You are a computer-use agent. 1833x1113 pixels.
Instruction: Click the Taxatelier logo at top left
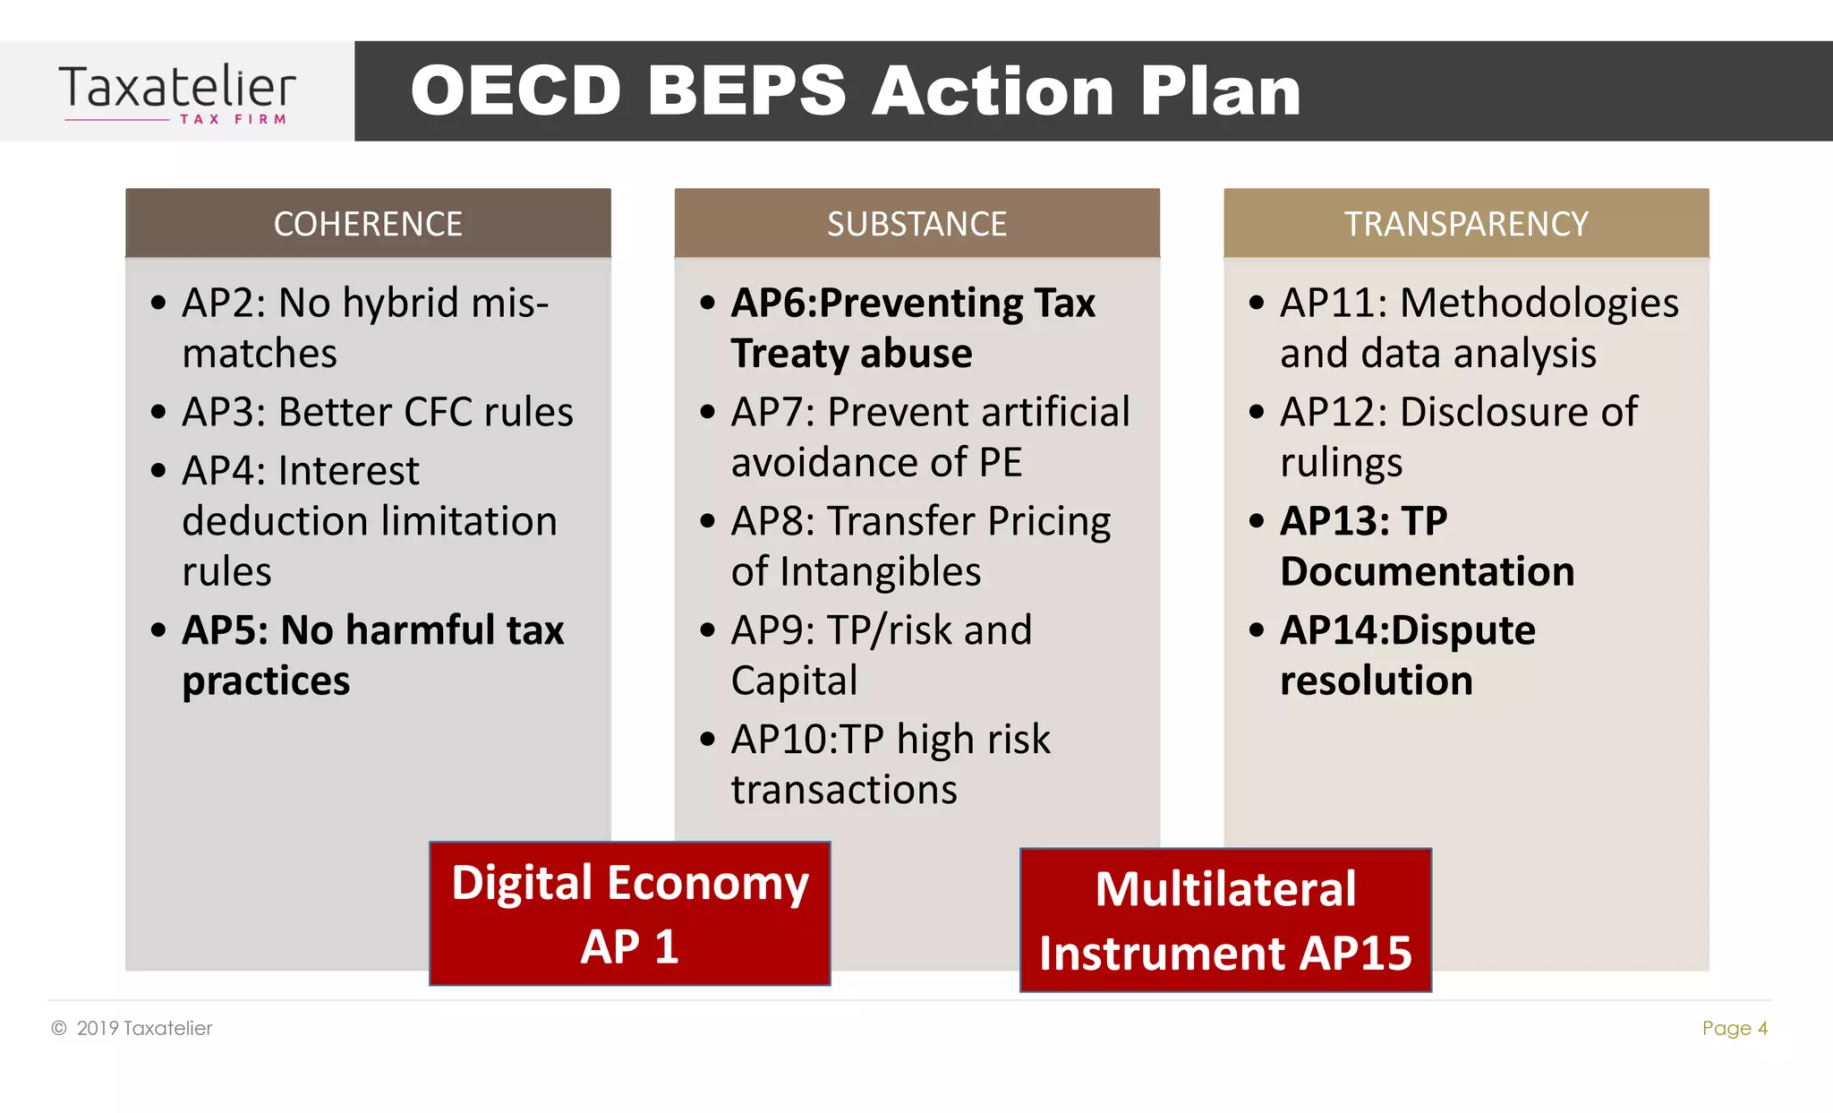(x=177, y=92)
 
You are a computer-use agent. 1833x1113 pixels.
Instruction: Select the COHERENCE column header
(x=368, y=224)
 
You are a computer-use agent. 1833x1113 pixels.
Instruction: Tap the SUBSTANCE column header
(x=916, y=224)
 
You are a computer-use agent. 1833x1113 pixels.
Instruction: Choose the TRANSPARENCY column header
(x=1466, y=224)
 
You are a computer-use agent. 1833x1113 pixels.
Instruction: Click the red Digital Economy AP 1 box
(x=630, y=913)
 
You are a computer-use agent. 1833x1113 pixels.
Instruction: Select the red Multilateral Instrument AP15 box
(x=1225, y=920)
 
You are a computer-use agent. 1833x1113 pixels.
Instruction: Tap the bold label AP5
(x=224, y=630)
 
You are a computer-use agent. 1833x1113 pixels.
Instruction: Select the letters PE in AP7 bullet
(x=1000, y=463)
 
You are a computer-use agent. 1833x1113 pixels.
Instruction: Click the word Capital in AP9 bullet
(x=794, y=681)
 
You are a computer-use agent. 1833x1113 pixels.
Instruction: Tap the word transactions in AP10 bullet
(x=844, y=791)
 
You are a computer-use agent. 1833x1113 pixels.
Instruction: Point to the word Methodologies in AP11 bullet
(x=1539, y=303)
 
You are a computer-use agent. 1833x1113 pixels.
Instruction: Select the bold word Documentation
(x=1427, y=572)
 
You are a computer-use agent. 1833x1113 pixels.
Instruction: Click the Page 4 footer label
(x=1734, y=1028)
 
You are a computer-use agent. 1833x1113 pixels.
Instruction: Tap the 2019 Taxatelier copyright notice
(x=132, y=1028)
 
